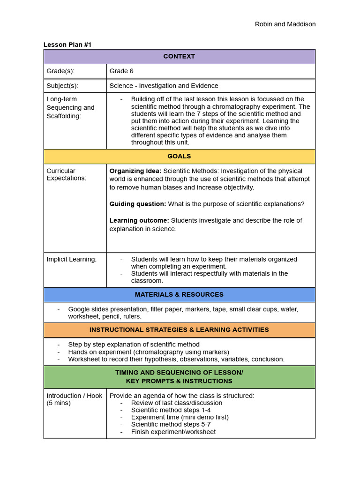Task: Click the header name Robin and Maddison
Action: coord(285,24)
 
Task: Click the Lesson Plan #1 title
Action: coord(67,45)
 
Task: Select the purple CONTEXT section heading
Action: coord(179,56)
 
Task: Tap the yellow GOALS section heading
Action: coord(179,156)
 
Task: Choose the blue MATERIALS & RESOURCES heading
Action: coord(179,294)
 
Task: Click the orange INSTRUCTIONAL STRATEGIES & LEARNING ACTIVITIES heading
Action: coord(179,330)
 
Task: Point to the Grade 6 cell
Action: coord(121,71)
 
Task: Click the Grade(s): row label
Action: coord(60,71)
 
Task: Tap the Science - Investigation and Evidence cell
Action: coord(164,86)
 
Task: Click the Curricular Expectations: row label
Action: coord(66,174)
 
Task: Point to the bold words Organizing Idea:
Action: coord(135,171)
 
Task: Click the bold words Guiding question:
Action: coord(138,204)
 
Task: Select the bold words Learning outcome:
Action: coord(139,220)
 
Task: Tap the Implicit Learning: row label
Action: coord(71,259)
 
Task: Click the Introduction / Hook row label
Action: coord(74,396)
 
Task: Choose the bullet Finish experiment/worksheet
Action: coord(173,432)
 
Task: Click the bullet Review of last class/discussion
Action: coord(177,403)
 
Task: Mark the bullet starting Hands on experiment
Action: coord(149,352)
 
